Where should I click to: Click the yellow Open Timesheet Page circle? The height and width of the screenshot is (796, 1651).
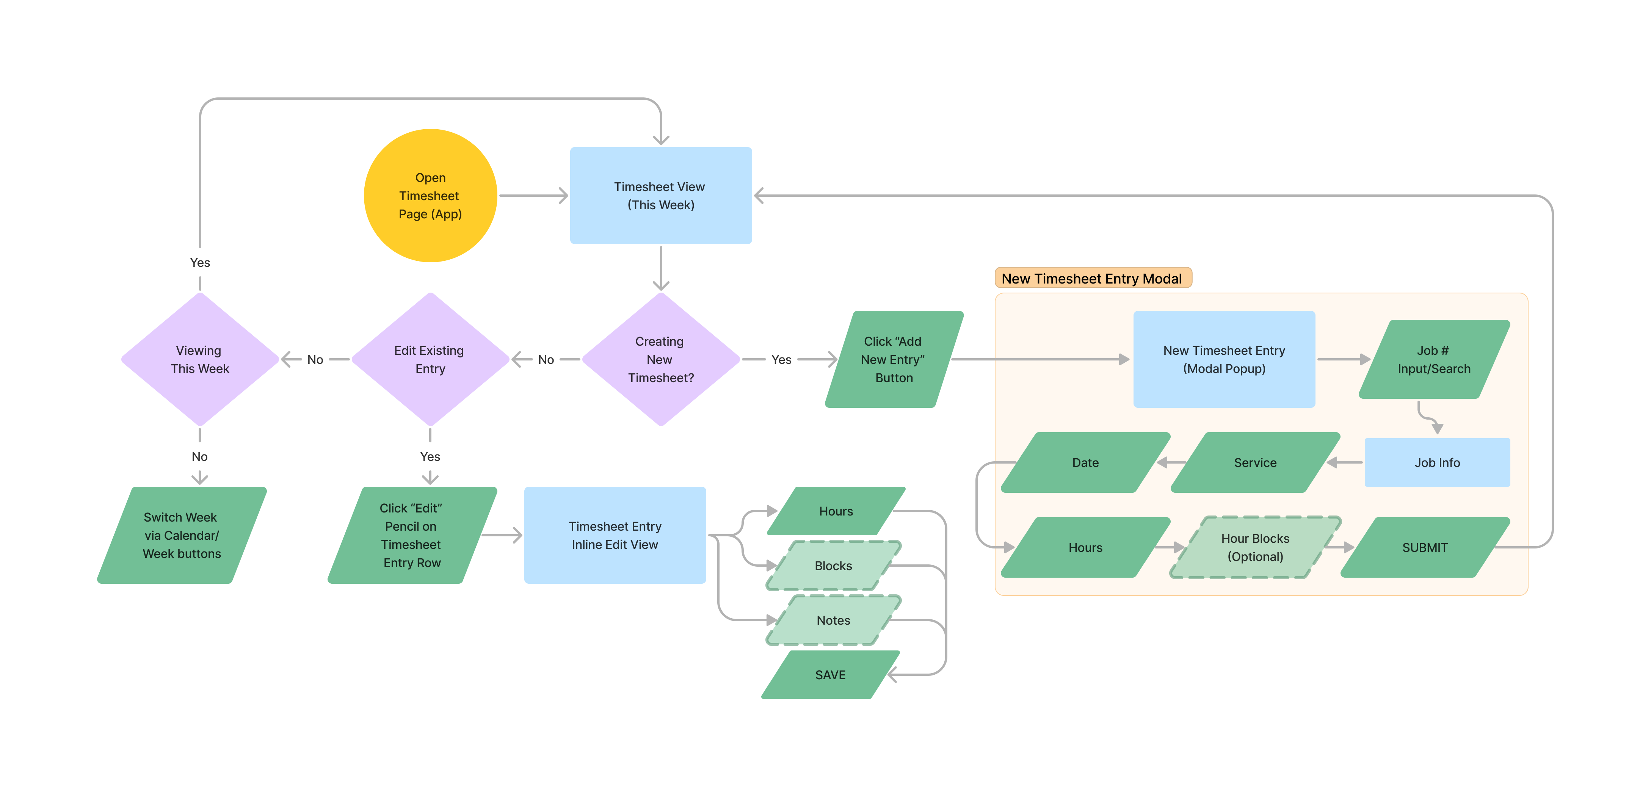pos(430,196)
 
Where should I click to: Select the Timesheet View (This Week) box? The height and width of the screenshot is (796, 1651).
pos(660,196)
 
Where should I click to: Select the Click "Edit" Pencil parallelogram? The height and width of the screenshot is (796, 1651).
pos(411,535)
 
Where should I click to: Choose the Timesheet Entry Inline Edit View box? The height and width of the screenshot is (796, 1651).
pos(615,535)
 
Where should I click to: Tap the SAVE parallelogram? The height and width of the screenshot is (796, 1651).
pos(830,675)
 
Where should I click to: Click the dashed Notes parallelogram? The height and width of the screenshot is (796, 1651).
pos(833,621)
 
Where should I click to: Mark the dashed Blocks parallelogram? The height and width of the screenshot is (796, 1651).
pos(833,566)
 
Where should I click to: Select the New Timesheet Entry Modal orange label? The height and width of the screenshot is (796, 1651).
pos(1092,278)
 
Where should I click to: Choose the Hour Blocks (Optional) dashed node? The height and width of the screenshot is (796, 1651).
pos(1255,547)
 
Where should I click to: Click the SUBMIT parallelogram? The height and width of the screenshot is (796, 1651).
pos(1425,547)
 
